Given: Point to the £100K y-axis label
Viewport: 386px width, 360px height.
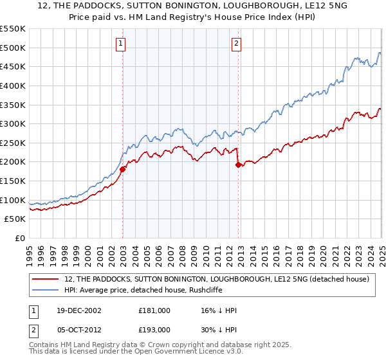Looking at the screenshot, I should coord(13,200).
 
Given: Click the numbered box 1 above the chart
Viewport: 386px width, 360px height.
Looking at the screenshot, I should coord(121,44).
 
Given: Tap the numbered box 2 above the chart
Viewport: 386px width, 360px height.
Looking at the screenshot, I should coord(237,44).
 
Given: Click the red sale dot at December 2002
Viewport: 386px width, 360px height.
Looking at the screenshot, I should coord(123,169).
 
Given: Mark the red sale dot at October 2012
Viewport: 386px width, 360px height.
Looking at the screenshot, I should coord(239,165).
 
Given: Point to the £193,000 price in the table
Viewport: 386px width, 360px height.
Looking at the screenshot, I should coord(154,329).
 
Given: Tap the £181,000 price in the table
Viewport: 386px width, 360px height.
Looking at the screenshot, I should coord(154,310).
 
